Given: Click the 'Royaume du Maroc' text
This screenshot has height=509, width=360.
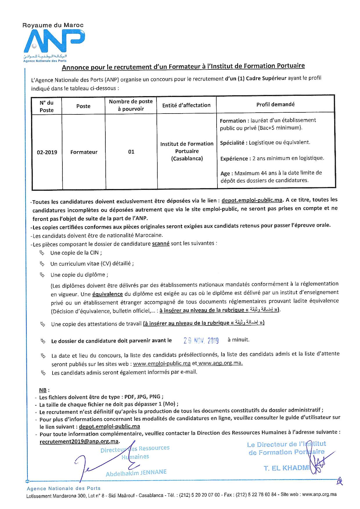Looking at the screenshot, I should click(x=53, y=25).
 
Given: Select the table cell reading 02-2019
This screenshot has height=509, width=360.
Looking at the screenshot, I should click(x=47, y=152).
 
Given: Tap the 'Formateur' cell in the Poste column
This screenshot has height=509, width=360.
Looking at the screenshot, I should click(x=84, y=152).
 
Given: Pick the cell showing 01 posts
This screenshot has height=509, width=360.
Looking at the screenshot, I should click(x=131, y=152).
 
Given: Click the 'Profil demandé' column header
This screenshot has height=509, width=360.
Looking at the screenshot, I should click(x=275, y=104).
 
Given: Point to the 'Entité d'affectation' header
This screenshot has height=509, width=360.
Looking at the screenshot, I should click(x=186, y=105).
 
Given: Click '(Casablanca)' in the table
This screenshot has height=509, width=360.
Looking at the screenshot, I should click(x=187, y=159).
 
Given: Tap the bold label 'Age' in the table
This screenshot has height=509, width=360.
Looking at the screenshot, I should click(x=225, y=174).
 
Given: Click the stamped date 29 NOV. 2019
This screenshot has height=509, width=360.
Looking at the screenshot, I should click(x=201, y=340).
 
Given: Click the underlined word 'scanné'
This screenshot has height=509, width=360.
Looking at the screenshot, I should click(x=161, y=244).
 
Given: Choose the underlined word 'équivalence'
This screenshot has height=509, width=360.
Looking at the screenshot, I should click(x=107, y=294).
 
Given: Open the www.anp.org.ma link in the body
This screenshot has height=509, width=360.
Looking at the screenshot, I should click(x=220, y=363).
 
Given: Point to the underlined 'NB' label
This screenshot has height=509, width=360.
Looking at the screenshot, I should click(x=43, y=390).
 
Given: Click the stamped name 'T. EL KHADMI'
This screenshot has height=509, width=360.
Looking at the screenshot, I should click(x=286, y=468).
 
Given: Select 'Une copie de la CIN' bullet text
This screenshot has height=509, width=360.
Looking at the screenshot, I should click(x=76, y=253).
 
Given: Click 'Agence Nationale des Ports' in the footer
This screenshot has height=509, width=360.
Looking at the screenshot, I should click(x=64, y=488).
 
